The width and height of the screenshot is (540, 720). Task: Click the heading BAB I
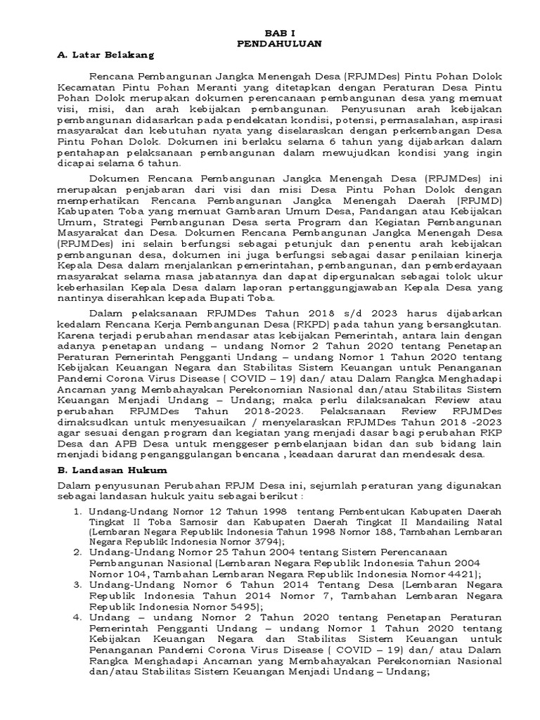(281, 32)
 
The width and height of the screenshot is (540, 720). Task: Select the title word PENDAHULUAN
(281, 43)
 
